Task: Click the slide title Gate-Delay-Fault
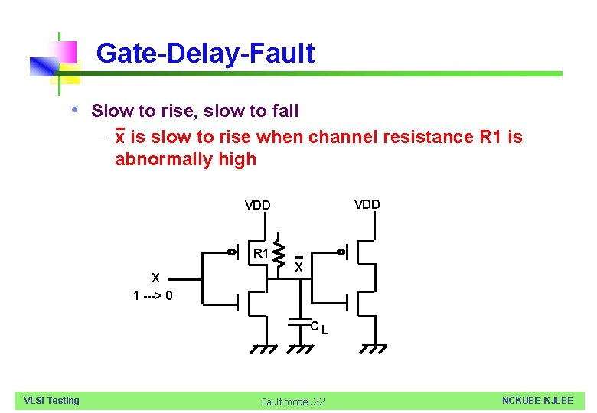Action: click(x=205, y=54)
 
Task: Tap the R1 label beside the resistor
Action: click(x=260, y=253)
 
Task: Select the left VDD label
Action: click(x=257, y=205)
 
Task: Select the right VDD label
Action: click(x=367, y=204)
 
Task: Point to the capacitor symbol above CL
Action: click(x=299, y=324)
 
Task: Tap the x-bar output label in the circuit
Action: click(x=299, y=266)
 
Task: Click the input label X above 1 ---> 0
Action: click(x=155, y=278)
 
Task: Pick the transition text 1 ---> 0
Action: click(x=153, y=296)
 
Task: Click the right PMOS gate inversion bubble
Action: click(x=342, y=252)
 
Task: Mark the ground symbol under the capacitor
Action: click(x=299, y=349)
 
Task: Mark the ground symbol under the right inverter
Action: click(x=374, y=349)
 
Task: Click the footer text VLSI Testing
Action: click(x=51, y=400)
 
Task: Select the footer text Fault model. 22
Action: click(x=293, y=402)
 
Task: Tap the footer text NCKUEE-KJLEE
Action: click(x=537, y=401)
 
